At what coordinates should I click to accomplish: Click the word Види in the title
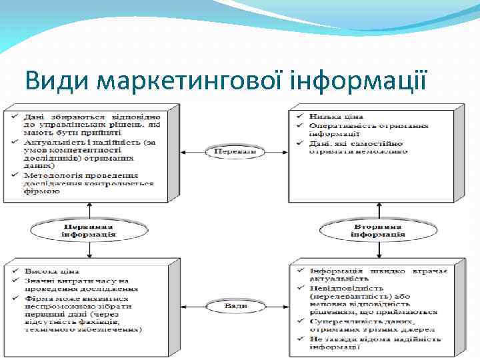point(57,81)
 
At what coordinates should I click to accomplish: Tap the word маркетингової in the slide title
point(189,81)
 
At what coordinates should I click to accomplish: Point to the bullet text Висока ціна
point(52,272)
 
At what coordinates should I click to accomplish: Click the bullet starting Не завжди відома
point(373,343)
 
